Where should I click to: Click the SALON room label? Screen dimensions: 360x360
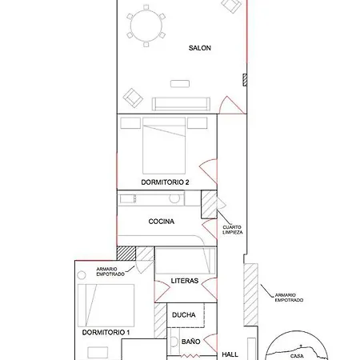pyautogui.click(x=200, y=48)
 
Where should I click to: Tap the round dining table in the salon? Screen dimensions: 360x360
pyautogui.click(x=146, y=26)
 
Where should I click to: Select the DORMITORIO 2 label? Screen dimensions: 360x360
pyautogui.click(x=165, y=182)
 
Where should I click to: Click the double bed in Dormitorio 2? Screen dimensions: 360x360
pyautogui.click(x=164, y=146)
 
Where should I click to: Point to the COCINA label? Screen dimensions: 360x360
pyautogui.click(x=162, y=222)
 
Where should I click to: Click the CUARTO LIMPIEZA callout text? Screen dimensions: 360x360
pyautogui.click(x=233, y=230)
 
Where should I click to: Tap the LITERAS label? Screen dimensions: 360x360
pyautogui.click(x=185, y=281)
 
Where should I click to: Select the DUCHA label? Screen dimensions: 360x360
pyautogui.click(x=184, y=315)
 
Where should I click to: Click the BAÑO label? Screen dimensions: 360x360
pyautogui.click(x=191, y=342)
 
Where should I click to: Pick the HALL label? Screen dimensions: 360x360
pyautogui.click(x=230, y=354)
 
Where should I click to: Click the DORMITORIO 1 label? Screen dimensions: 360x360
pyautogui.click(x=106, y=333)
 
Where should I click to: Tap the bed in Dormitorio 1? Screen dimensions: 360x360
pyautogui.click(x=106, y=306)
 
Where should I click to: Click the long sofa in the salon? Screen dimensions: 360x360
pyautogui.click(x=181, y=104)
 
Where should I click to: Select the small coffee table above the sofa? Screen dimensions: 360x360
pyautogui.click(x=180, y=83)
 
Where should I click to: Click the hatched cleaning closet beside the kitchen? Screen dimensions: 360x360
pyautogui.click(x=209, y=205)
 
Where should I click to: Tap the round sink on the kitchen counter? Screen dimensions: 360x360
pyautogui.click(x=174, y=198)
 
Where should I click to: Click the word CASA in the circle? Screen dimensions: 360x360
pyautogui.click(x=297, y=356)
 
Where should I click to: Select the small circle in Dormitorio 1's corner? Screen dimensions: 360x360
pyautogui.click(x=82, y=275)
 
